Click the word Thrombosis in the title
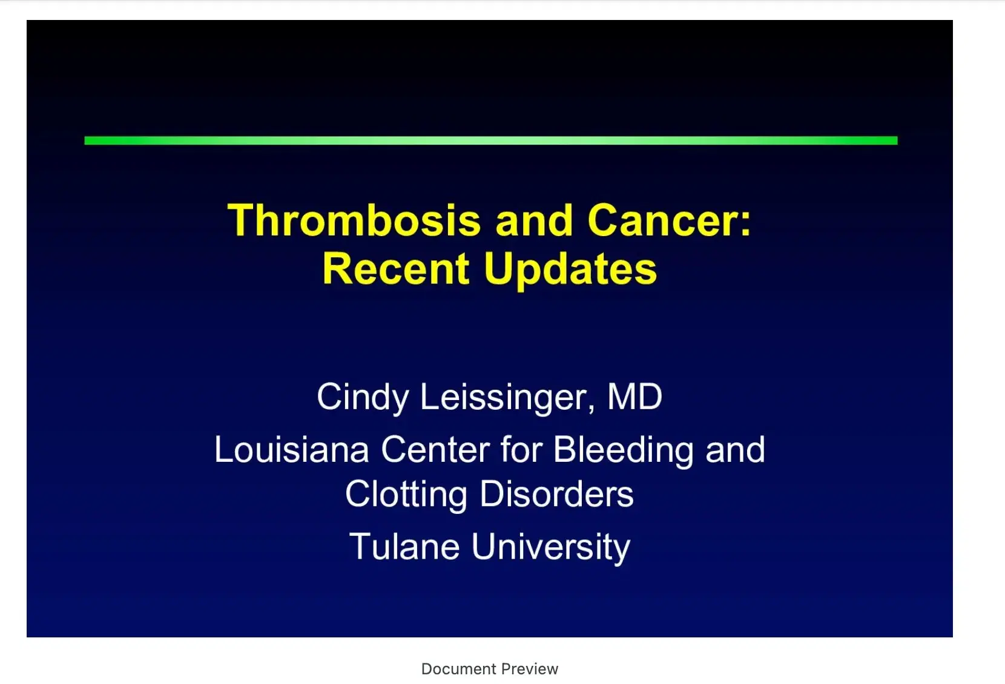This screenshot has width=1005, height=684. pos(354,220)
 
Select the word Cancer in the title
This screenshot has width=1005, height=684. pos(662,220)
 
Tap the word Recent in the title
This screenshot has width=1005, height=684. pos(396,269)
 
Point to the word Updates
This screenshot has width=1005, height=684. pos(570,270)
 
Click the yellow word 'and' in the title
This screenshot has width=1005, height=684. pos(534,220)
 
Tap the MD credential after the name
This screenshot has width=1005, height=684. pos(634,397)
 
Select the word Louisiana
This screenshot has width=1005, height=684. pos(291,450)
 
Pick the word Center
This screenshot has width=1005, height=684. pos(435,450)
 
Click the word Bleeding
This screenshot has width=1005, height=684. pos(624,451)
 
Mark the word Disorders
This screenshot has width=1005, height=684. pos(556,494)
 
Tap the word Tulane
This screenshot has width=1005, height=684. pos(404,547)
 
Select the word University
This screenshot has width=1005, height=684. pos(550,548)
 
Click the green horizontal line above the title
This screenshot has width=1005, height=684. pos(490,140)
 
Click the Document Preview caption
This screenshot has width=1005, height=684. pos(489,669)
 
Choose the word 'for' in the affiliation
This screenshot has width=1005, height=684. pos(521,450)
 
